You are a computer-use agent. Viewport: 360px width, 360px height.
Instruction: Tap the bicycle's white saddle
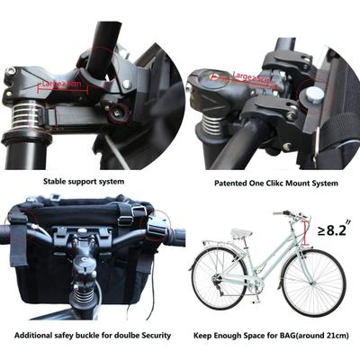pos(239,233)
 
